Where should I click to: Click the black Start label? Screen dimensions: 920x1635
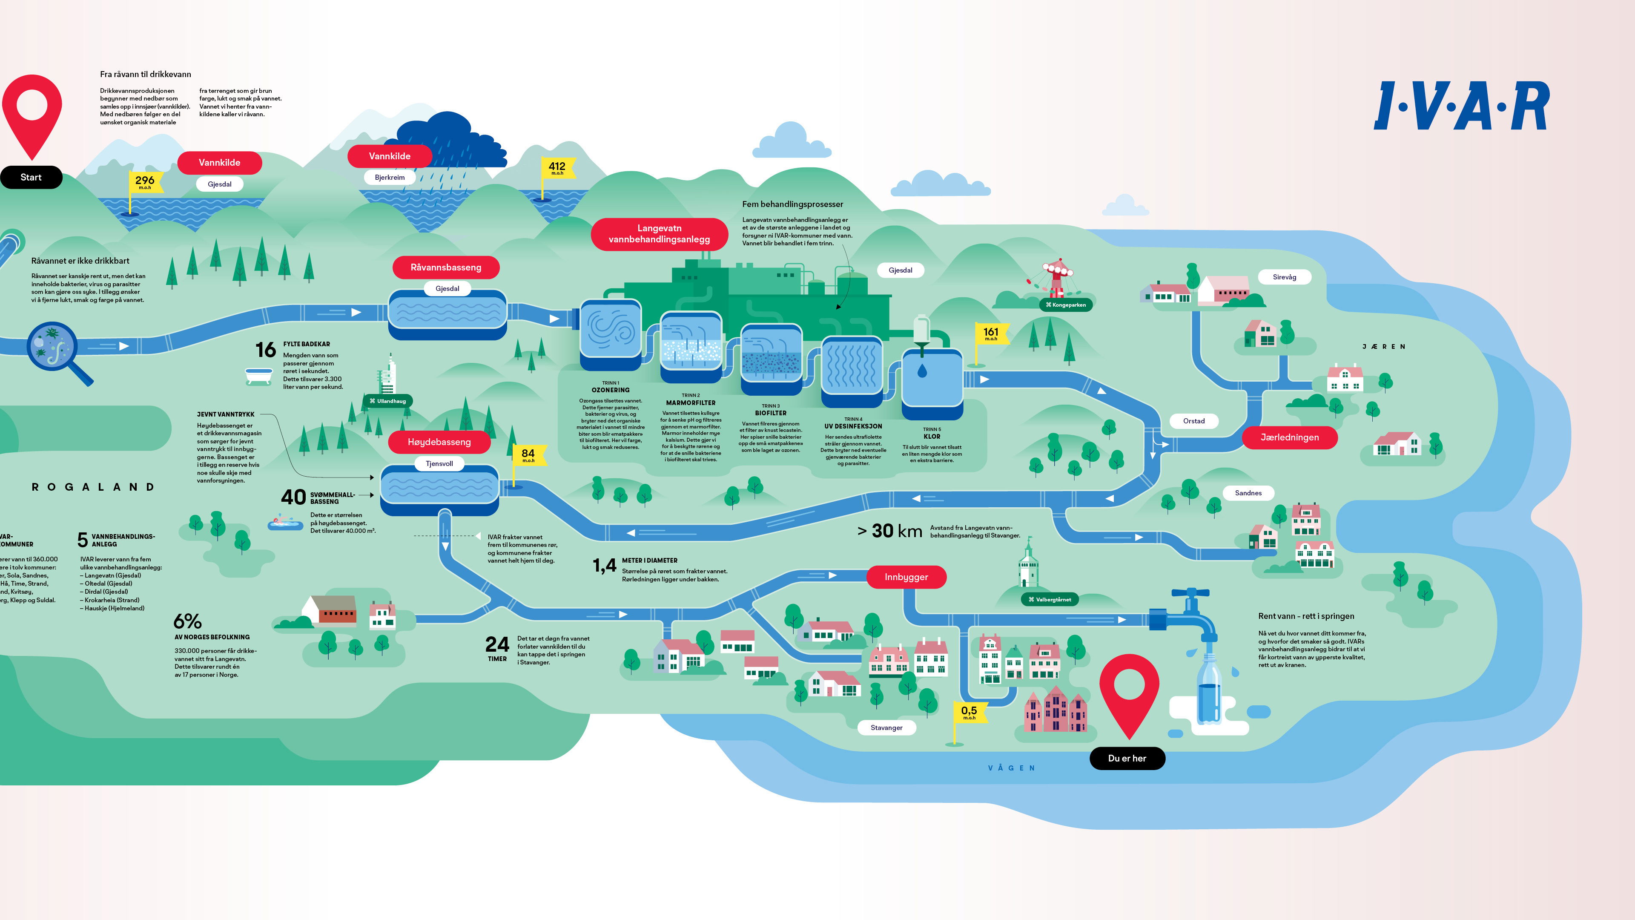(x=31, y=177)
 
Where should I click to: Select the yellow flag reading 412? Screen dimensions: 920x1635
(x=557, y=168)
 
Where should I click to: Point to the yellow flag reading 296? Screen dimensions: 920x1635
(x=145, y=181)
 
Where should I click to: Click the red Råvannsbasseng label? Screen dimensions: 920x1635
(x=445, y=267)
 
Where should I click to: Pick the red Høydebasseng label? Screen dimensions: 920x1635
(x=439, y=442)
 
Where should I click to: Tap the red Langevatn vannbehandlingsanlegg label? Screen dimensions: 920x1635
(x=659, y=234)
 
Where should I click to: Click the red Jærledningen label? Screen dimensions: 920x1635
(x=1289, y=437)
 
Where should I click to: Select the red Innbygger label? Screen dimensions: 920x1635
(x=906, y=577)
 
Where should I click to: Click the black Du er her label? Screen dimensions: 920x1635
(x=1127, y=758)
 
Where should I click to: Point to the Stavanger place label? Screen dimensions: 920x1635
(x=886, y=727)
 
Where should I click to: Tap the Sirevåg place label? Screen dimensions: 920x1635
(x=1284, y=277)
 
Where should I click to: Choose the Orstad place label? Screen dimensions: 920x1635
(x=1193, y=421)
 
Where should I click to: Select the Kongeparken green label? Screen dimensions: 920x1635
(x=1066, y=305)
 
